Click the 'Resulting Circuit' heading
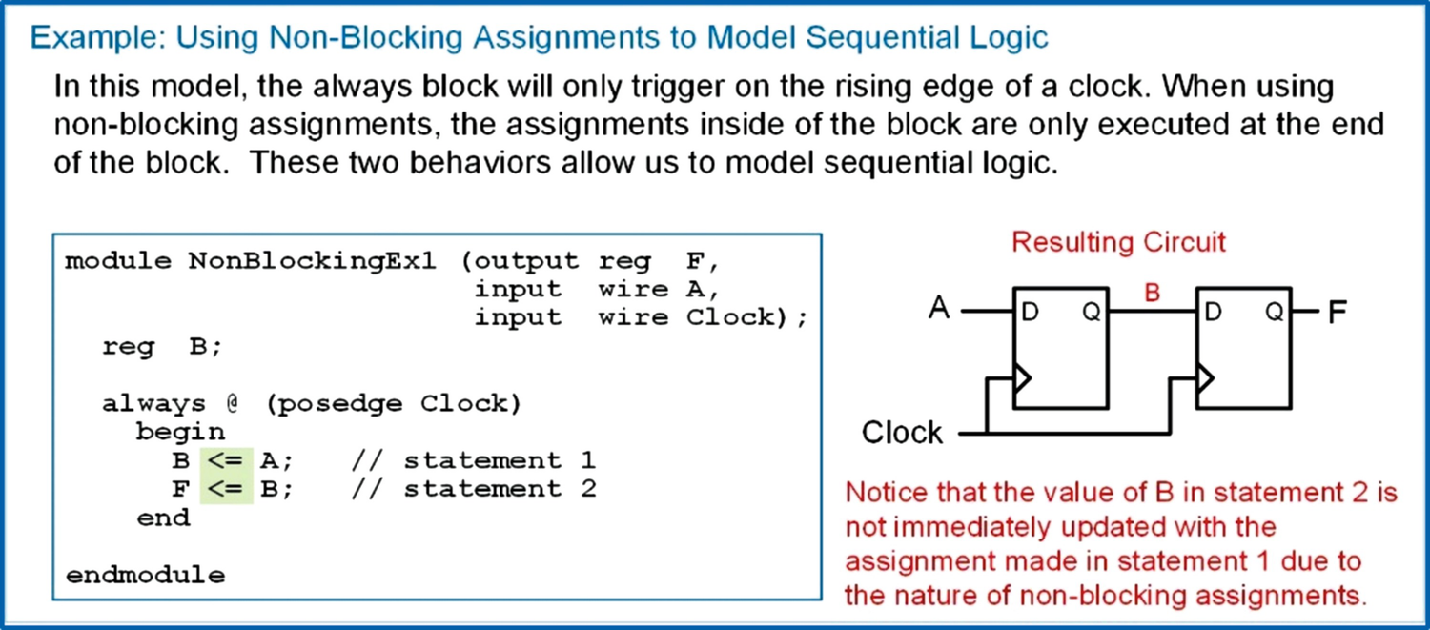coord(1118,242)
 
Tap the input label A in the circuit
coord(939,310)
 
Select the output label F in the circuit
coord(1337,312)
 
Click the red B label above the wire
coord(1152,294)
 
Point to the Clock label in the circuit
coord(902,433)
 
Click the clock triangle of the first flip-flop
coord(1021,379)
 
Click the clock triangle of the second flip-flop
coord(1205,379)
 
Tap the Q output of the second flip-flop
coord(1275,313)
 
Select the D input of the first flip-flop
coord(1030,313)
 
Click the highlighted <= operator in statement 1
coord(226,461)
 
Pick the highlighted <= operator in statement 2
coord(226,490)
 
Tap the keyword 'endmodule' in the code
coord(145,576)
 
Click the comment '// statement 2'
coord(474,490)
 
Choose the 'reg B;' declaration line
coord(162,347)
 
